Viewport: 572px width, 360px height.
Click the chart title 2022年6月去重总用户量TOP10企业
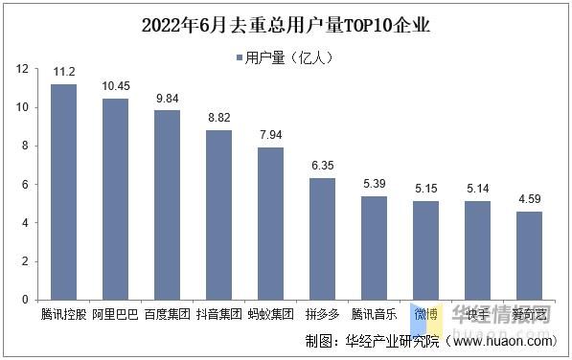[x=286, y=25]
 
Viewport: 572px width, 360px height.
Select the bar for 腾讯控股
[x=63, y=191]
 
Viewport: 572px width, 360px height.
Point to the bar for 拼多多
[x=322, y=238]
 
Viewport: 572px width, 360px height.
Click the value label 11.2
[x=63, y=71]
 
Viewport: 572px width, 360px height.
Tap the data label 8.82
[x=219, y=117]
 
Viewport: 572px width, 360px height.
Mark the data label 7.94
[x=271, y=134]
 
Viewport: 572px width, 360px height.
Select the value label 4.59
[x=529, y=198]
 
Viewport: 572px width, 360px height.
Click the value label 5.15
[x=425, y=188]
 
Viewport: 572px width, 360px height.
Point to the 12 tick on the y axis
[x=21, y=69]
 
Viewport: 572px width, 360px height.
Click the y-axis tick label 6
[x=24, y=184]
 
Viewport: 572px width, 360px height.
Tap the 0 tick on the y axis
[x=24, y=300]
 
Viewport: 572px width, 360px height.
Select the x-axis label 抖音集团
[x=219, y=313]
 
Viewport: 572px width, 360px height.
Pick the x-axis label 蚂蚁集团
[x=271, y=313]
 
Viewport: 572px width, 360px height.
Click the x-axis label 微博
[x=425, y=313]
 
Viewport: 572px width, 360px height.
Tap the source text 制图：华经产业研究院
[x=373, y=340]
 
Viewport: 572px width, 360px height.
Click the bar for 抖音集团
[x=219, y=214]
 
